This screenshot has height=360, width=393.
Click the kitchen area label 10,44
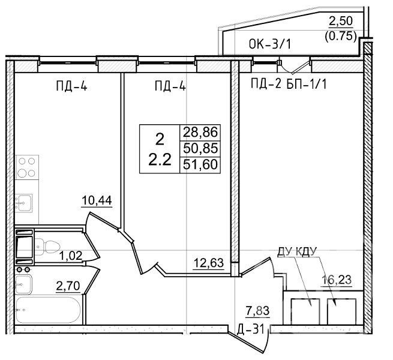tap(97, 200)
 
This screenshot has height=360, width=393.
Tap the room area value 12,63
tap(209, 263)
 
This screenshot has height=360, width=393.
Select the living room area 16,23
tap(337, 279)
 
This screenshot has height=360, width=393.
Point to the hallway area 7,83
tap(257, 311)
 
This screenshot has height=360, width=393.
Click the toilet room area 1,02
tap(71, 256)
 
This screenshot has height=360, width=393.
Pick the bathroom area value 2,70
tap(68, 286)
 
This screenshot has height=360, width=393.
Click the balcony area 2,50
tap(341, 21)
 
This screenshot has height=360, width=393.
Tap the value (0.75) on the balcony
tap(341, 37)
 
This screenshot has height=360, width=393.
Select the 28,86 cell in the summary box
tap(200, 132)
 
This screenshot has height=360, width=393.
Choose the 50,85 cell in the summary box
tap(200, 148)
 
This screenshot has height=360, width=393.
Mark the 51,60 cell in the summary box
tap(200, 165)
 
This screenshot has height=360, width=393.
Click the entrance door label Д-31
tap(251, 329)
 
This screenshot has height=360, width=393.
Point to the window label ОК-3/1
tap(270, 44)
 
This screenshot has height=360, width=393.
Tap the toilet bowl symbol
tap(47, 247)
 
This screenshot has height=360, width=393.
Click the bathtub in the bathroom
tap(48, 310)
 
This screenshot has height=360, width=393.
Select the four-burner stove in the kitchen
tap(27, 167)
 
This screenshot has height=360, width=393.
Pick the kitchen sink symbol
tap(24, 203)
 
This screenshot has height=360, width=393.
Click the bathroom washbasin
tap(23, 284)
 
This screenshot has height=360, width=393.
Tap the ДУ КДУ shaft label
tap(297, 251)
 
